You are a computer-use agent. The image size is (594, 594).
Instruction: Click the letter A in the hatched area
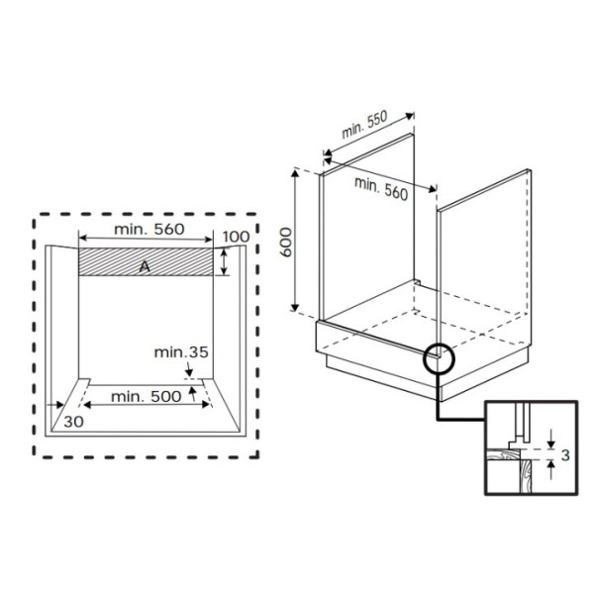click(x=145, y=266)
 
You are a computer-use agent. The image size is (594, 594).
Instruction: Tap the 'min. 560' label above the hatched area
click(x=149, y=229)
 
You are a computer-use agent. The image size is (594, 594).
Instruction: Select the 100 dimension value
click(x=236, y=237)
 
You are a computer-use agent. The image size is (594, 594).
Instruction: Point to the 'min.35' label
click(x=181, y=352)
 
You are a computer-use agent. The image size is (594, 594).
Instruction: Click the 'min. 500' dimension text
click(x=147, y=397)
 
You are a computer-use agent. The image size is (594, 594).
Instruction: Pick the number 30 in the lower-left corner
click(x=73, y=422)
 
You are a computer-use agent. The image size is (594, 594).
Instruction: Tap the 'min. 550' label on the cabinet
click(x=364, y=125)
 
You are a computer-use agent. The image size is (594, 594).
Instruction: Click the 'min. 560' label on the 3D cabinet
click(x=381, y=189)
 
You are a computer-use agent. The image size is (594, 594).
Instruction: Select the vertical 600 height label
click(x=286, y=243)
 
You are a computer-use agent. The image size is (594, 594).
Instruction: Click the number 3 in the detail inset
click(x=565, y=455)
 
